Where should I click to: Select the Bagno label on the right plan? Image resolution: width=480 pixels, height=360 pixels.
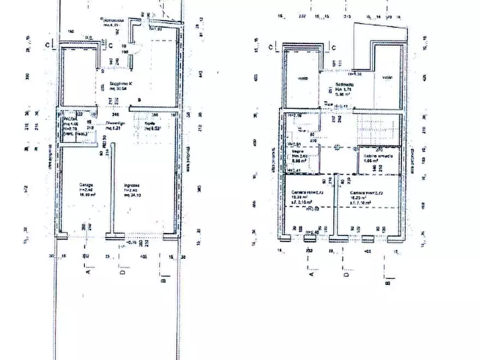click(297, 152)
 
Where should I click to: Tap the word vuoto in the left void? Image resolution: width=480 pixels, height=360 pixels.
click(303, 78)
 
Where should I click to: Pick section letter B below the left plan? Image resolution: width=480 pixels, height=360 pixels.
click(163, 278)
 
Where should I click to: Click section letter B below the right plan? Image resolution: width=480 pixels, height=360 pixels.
click(388, 280)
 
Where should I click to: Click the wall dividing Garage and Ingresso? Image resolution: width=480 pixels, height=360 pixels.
click(113, 193)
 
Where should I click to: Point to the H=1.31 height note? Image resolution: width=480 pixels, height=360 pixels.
click(355, 74)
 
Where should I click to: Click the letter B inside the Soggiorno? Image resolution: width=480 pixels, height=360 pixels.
click(139, 100)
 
